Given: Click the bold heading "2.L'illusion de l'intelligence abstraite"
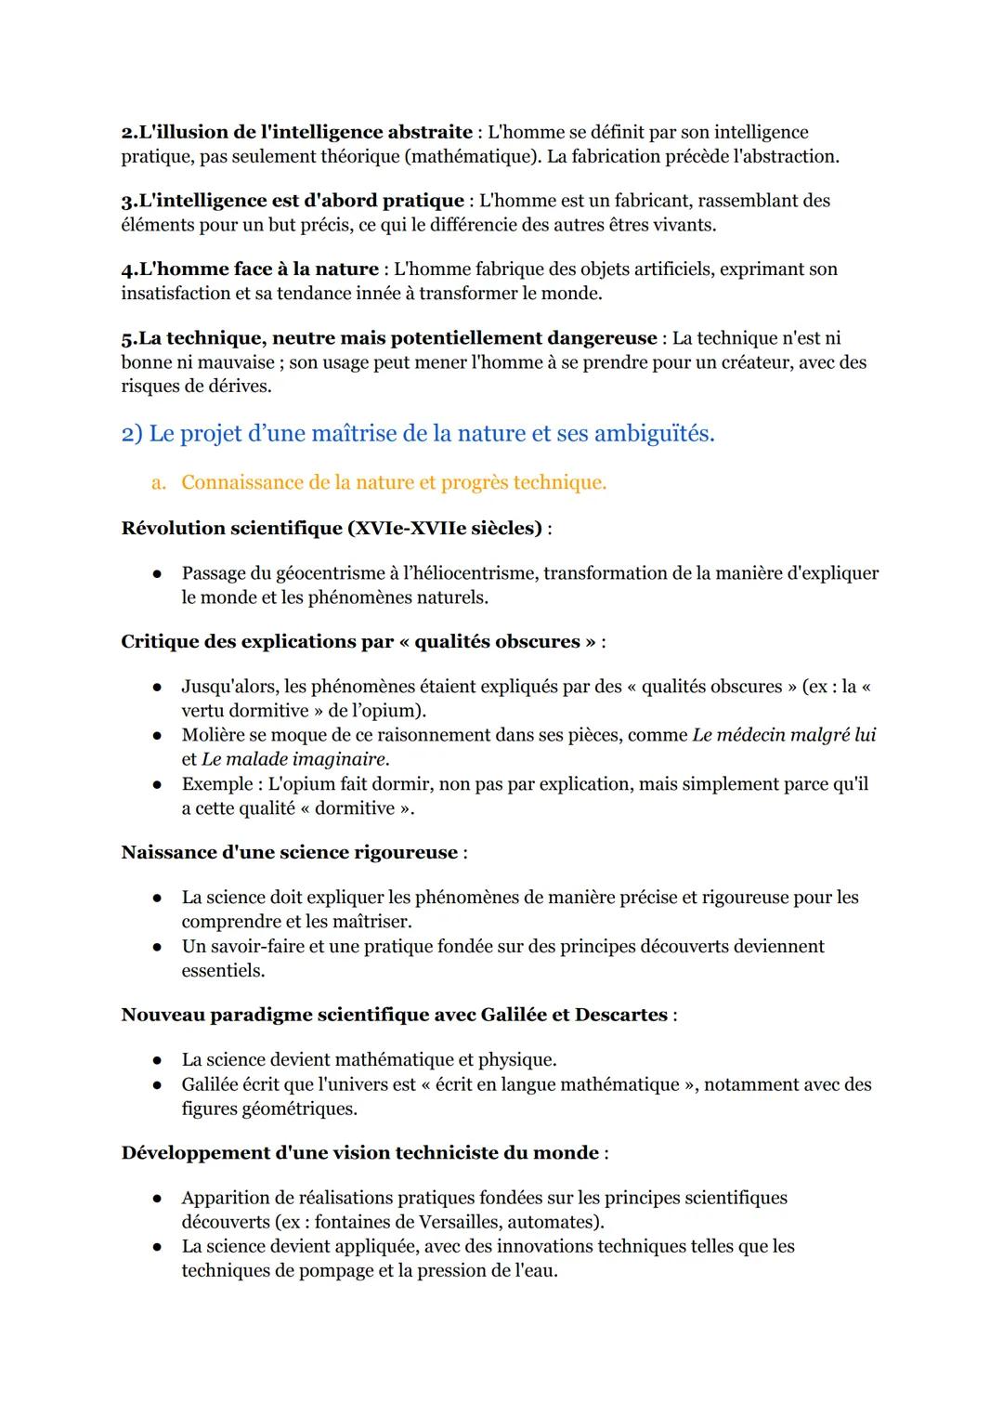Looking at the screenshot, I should click(296, 132).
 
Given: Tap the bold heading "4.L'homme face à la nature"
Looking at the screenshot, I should click(250, 269).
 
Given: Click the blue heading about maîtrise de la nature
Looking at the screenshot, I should click(418, 433).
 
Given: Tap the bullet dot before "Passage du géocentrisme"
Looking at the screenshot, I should click(159, 574).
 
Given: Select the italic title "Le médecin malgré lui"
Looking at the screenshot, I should click(783, 735).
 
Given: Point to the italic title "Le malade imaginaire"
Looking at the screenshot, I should click(293, 759).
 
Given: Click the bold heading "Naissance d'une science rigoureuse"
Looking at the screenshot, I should click(290, 852).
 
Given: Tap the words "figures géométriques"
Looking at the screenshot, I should click(268, 1109).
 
